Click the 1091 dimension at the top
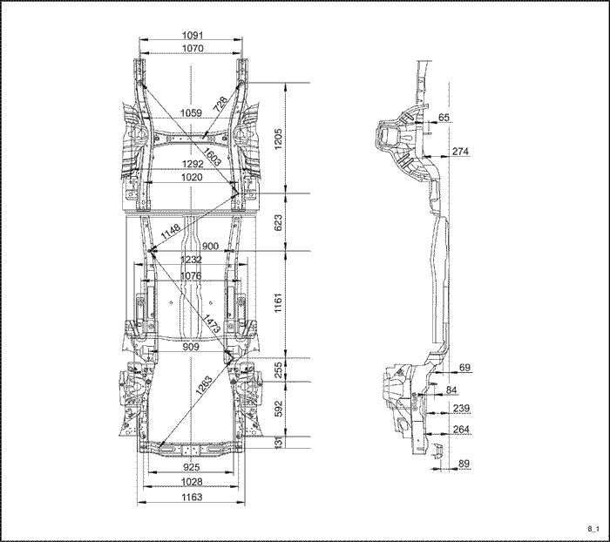(x=193, y=35)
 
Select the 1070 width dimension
(x=193, y=48)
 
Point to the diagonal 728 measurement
(x=220, y=105)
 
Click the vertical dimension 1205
(x=279, y=139)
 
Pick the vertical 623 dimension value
(x=279, y=222)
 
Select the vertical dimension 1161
(x=279, y=303)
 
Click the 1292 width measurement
(x=193, y=164)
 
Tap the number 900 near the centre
(x=211, y=246)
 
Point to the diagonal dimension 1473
(x=212, y=323)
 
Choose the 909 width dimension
(x=191, y=347)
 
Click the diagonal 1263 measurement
(x=204, y=385)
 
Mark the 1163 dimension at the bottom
(x=192, y=497)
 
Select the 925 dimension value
(x=191, y=467)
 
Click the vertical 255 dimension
(x=279, y=369)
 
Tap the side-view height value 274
(x=460, y=151)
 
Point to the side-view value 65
(x=444, y=117)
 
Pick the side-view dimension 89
(x=464, y=464)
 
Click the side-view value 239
(x=461, y=408)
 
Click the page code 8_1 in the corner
(x=593, y=528)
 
